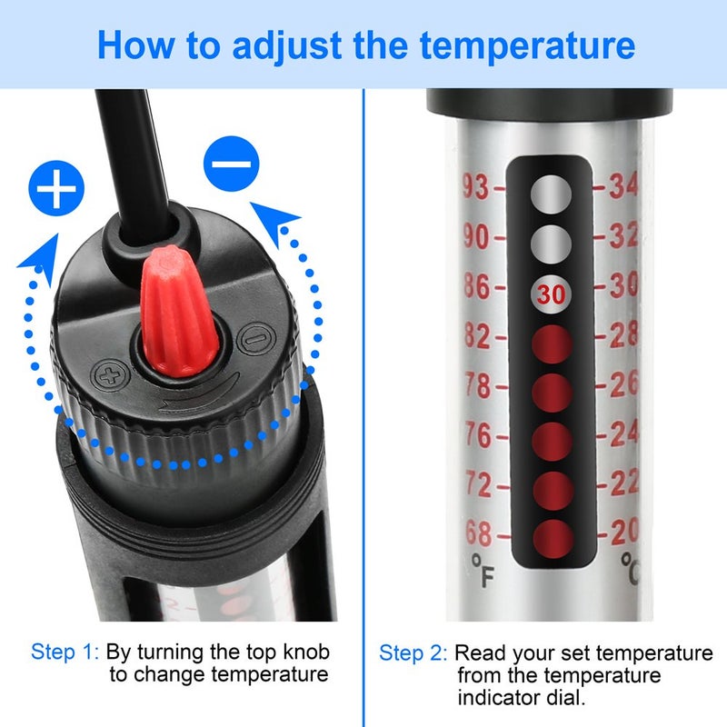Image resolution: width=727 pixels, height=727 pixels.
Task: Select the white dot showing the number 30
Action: [550, 294]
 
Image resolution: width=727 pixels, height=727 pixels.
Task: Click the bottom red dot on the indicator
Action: [550, 536]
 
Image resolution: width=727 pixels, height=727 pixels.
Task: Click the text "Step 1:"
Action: [65, 652]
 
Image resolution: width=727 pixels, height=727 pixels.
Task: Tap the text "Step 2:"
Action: [413, 653]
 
